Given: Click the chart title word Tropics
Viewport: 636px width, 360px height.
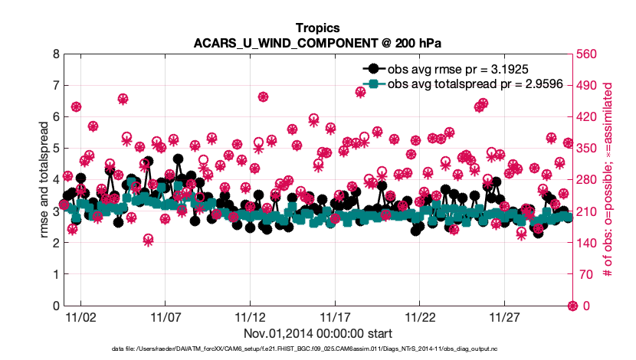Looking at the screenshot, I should (x=317, y=27).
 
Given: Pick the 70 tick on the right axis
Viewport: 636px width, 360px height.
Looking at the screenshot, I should (x=582, y=274).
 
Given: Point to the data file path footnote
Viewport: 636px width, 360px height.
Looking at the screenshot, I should (x=317, y=349).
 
